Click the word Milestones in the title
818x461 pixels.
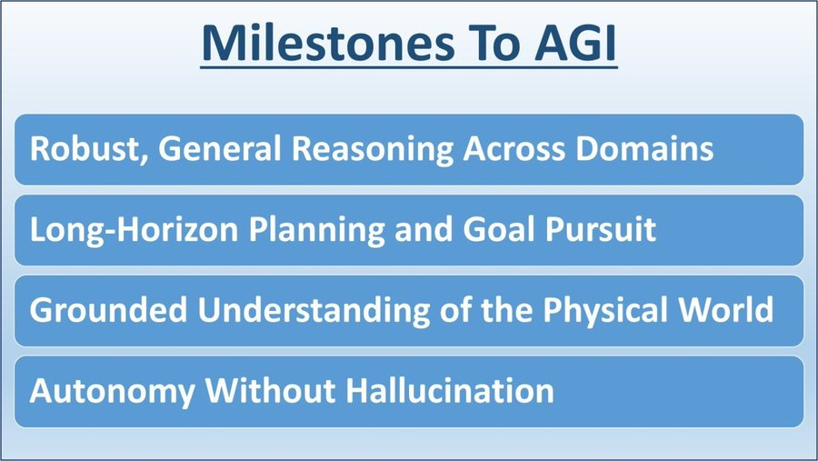coord(328,43)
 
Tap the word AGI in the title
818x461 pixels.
coord(575,43)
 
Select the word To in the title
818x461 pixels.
coord(494,43)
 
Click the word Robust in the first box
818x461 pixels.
coord(85,148)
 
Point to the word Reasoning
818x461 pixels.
coord(373,150)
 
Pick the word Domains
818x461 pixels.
coord(644,148)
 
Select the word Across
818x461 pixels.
coord(514,148)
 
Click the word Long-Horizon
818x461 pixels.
coord(135,231)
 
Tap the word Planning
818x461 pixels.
coord(316,231)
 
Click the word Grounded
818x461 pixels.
coord(108,309)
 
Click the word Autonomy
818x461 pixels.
coord(112,392)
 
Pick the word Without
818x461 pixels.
coord(270,390)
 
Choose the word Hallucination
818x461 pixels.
coord(450,390)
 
